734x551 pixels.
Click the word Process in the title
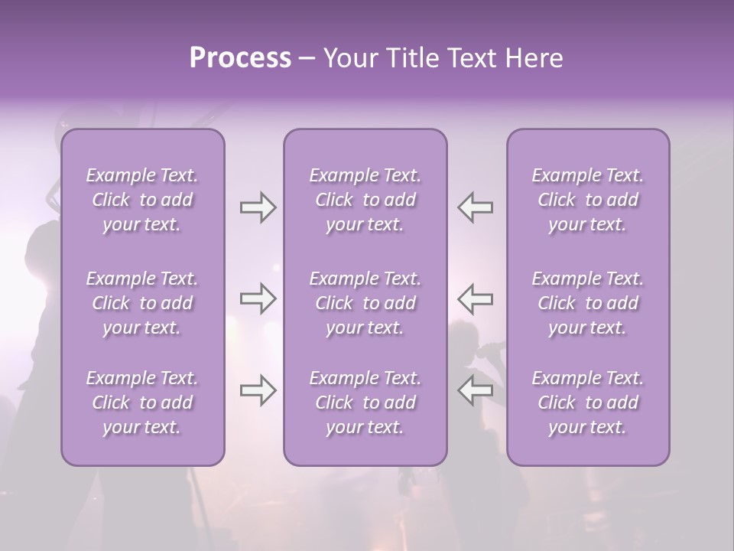pyautogui.click(x=240, y=58)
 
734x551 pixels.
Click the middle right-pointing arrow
pyautogui.click(x=258, y=298)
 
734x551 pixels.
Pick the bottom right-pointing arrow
pyautogui.click(x=258, y=390)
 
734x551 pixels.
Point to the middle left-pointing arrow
pyautogui.click(x=475, y=298)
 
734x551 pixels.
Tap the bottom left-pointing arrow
pyautogui.click(x=475, y=390)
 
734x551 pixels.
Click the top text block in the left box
pyautogui.click(x=142, y=200)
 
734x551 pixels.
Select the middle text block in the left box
pyautogui.click(x=142, y=303)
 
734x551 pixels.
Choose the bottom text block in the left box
pyautogui.click(x=142, y=403)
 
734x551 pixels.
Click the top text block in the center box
pyautogui.click(x=365, y=200)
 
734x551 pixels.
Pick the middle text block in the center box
pyautogui.click(x=365, y=303)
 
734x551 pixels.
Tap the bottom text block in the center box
pyautogui.click(x=365, y=403)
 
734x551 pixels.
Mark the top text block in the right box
pyautogui.click(x=588, y=200)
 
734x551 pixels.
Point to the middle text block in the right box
pyautogui.click(x=588, y=303)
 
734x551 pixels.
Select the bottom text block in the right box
pyautogui.click(x=588, y=403)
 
